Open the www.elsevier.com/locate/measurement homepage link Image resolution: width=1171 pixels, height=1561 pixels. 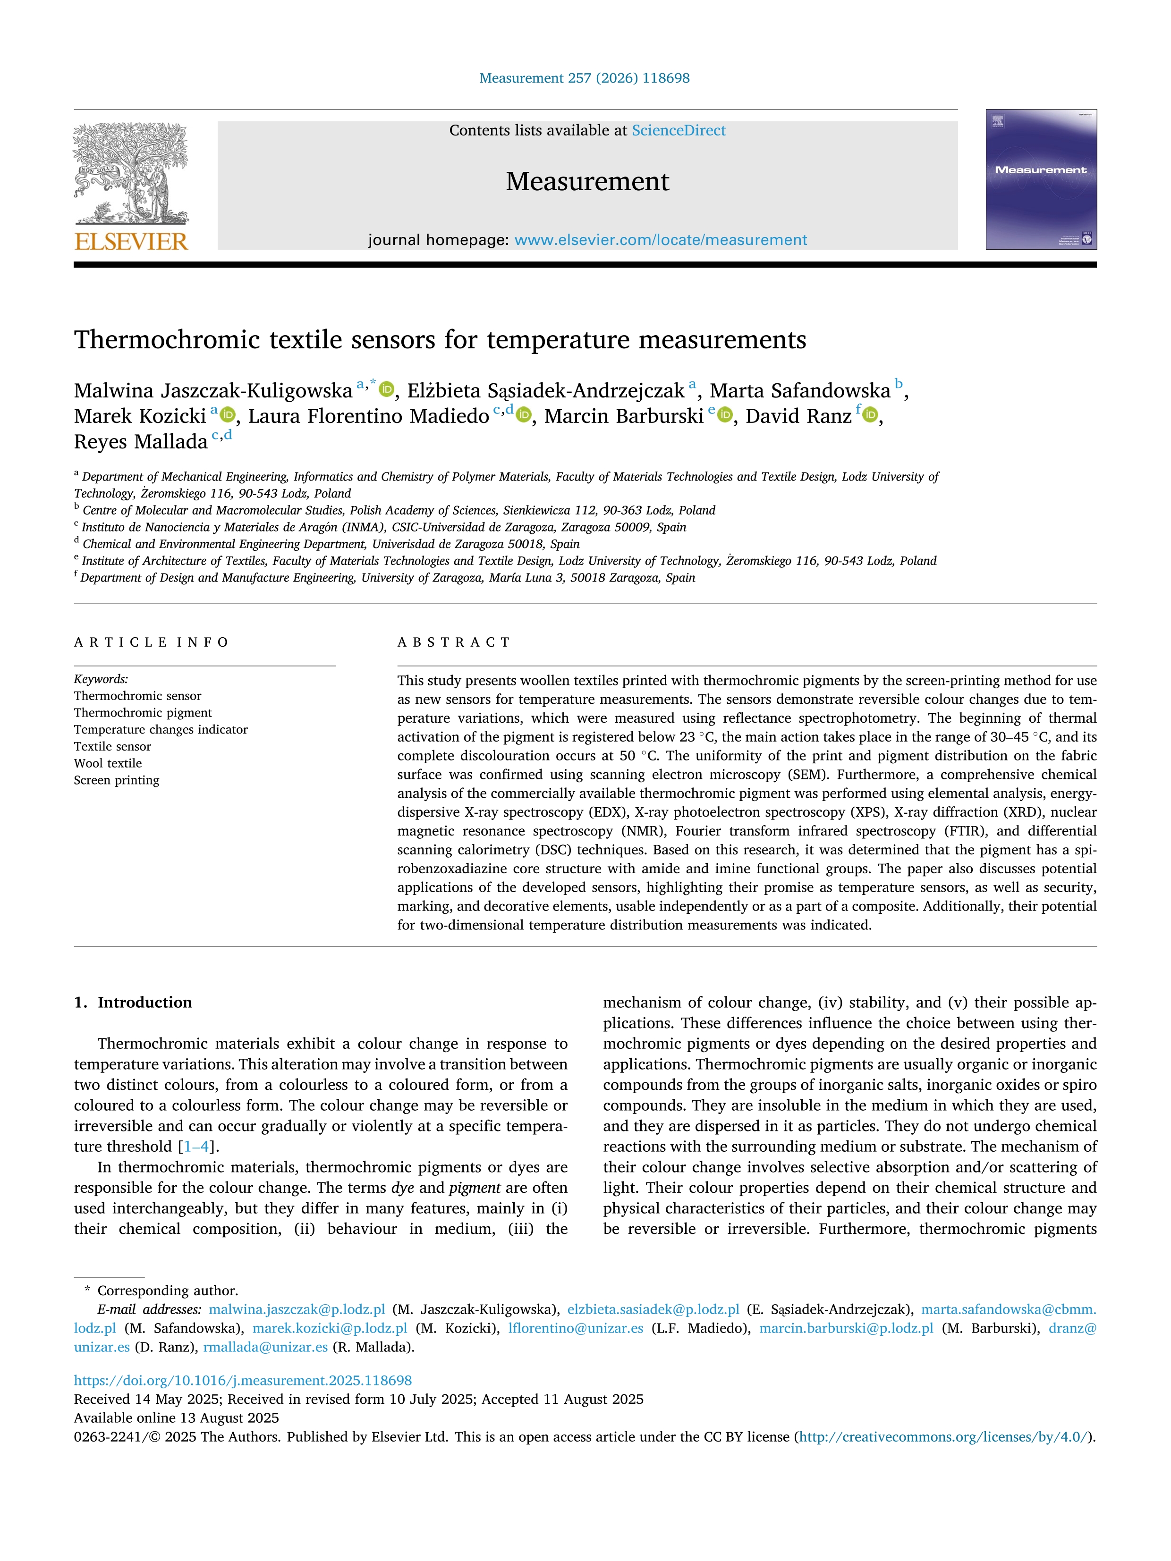(660, 240)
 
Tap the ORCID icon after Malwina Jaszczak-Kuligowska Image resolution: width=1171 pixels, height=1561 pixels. (387, 389)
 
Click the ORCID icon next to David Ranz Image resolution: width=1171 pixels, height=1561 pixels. (870, 416)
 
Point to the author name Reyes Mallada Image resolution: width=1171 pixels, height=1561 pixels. (140, 442)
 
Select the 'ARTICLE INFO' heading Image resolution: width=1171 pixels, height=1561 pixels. (151, 642)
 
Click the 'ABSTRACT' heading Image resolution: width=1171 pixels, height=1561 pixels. (453, 642)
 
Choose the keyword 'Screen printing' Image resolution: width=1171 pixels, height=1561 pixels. (117, 780)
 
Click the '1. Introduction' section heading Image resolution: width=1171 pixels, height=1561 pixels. (133, 1002)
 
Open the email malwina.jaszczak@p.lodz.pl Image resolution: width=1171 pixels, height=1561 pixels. (297, 1309)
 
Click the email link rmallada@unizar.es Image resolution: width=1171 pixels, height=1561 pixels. (265, 1347)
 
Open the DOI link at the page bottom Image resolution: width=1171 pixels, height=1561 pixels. (243, 1380)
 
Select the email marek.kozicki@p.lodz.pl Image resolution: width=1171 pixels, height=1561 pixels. (330, 1328)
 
